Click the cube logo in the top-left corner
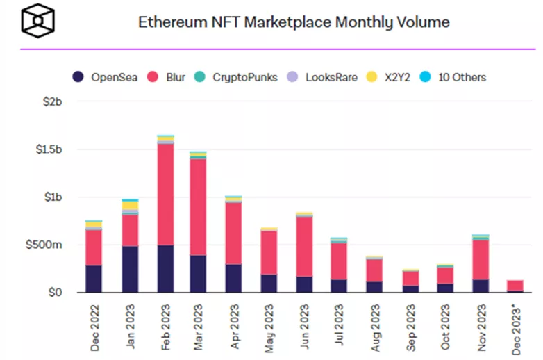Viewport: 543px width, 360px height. click(37, 22)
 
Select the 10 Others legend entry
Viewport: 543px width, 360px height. click(455, 77)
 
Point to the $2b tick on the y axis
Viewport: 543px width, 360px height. click(53, 102)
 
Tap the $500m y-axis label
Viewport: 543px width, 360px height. click(47, 245)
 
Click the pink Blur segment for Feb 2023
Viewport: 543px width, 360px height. click(165, 195)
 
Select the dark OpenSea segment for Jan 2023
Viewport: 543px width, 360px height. click(130, 269)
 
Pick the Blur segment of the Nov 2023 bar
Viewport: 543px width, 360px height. click(481, 260)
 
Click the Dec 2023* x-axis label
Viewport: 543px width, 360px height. click(517, 327)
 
